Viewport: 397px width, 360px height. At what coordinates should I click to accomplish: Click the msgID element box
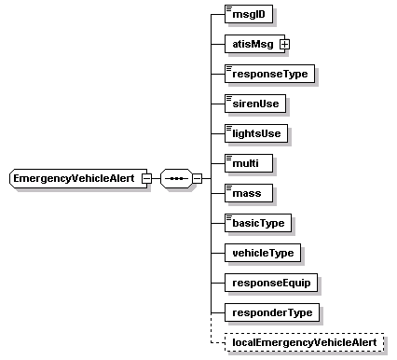247,14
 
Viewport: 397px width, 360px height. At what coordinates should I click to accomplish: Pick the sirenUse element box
255,104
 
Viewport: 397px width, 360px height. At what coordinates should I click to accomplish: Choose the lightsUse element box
256,133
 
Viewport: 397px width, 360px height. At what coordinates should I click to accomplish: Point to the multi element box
248,163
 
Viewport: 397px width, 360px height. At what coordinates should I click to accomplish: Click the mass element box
248,193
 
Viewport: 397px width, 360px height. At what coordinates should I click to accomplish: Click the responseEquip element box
269,283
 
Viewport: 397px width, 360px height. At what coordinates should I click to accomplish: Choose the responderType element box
270,312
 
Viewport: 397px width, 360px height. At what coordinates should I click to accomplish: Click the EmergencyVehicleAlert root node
75,178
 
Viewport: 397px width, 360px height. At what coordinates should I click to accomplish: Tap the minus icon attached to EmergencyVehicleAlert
147,178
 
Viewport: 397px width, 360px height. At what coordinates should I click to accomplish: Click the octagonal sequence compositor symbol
175,178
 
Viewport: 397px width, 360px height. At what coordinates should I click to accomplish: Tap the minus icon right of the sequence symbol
197,178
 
